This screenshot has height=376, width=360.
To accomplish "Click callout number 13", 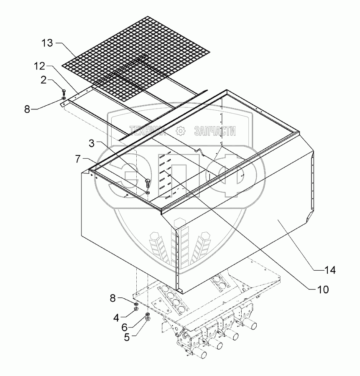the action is pyautogui.click(x=48, y=43).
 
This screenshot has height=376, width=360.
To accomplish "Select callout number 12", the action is pyautogui.click(x=40, y=66).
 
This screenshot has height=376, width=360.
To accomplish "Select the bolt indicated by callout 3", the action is pyautogui.click(x=147, y=182).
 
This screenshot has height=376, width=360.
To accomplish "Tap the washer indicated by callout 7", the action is pyautogui.click(x=148, y=193).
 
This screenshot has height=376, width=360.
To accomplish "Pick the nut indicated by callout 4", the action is pyautogui.click(x=136, y=309).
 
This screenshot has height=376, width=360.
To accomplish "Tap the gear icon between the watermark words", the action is pyautogui.click(x=181, y=131).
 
